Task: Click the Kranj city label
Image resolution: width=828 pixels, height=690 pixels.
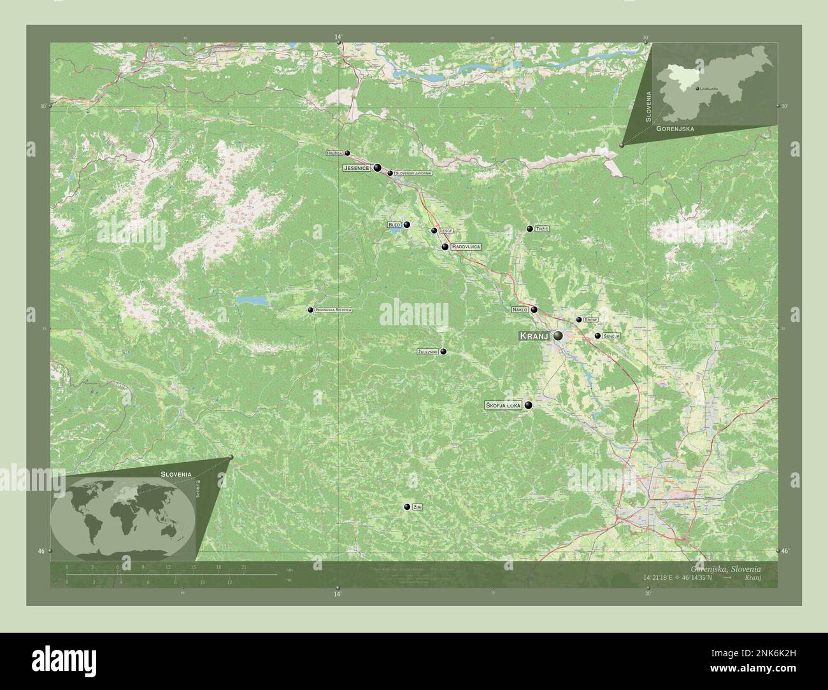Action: coord(534,336)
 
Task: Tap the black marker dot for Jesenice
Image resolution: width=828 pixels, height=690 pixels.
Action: coord(378,168)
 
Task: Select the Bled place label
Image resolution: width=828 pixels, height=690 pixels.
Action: coord(394,225)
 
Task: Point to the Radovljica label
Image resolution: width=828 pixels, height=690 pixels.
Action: coord(465,246)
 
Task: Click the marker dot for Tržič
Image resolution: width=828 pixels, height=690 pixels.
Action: coord(529,229)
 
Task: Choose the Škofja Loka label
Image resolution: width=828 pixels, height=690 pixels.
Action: coord(504,405)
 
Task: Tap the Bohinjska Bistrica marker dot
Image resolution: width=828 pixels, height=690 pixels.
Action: coord(310,310)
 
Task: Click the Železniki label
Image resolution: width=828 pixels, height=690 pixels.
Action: coord(427,352)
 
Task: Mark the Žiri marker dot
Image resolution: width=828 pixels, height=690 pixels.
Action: coord(406,507)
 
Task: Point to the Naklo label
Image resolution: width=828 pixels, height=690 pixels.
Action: coord(520,310)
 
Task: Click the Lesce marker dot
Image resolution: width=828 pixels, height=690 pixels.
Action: coord(434,230)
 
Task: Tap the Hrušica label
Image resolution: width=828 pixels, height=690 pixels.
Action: coord(334,153)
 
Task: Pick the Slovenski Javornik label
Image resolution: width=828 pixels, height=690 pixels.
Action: coord(413,173)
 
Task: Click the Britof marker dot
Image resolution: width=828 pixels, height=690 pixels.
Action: coord(578,320)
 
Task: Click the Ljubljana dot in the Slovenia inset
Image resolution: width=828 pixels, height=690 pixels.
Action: coord(697,88)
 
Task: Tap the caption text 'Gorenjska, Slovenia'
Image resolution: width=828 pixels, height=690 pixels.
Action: coord(732,568)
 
